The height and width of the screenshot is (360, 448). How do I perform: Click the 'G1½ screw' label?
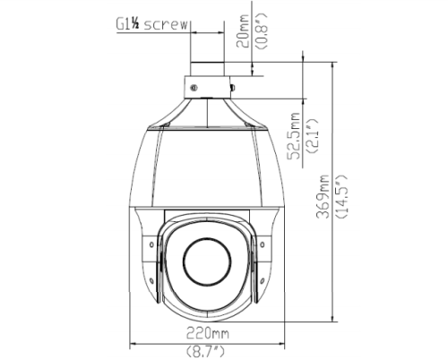pos(151,24)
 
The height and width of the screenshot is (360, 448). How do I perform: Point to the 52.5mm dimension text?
pos(293,134)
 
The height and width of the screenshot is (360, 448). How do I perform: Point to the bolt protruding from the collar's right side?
pos(232,88)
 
